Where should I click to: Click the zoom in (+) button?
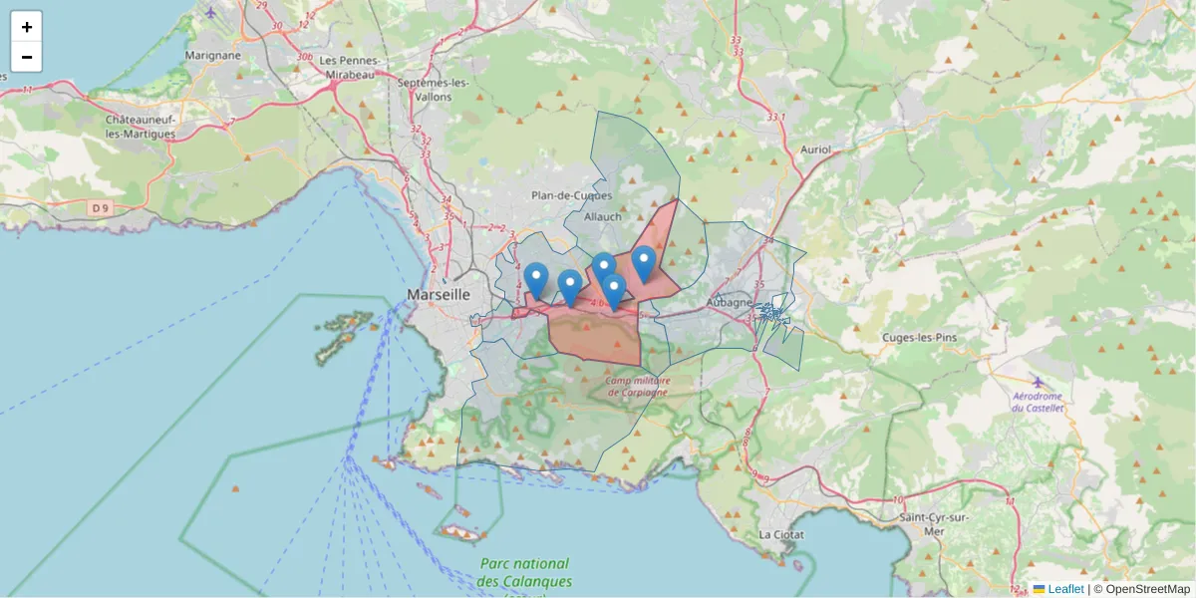[26, 27]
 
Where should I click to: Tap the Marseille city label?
[439, 295]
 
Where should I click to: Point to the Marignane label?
[212, 56]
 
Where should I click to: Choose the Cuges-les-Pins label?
[919, 338]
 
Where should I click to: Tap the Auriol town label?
[816, 149]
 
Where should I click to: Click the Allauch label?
[603, 216]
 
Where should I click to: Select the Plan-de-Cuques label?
[572, 195]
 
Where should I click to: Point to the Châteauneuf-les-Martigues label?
[141, 127]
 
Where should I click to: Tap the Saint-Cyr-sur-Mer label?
[934, 524]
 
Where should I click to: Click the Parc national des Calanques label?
[524, 572]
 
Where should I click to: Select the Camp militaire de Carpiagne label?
[638, 387]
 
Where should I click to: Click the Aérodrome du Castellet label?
[1038, 401]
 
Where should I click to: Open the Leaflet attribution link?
[1064, 589]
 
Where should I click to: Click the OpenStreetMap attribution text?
[1141, 589]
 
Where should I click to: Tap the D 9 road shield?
[98, 208]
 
